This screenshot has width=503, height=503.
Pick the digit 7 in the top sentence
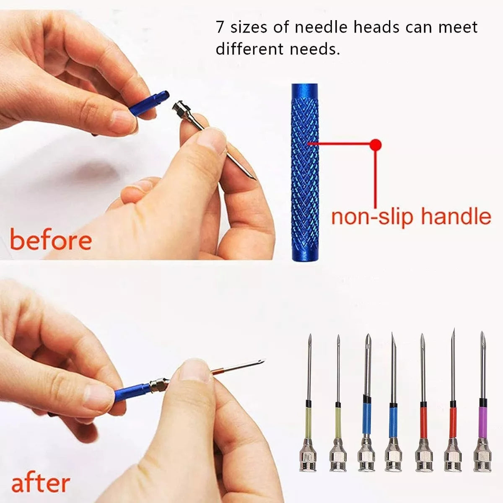click(220, 27)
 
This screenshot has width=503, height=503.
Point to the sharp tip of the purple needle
click(482, 332)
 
